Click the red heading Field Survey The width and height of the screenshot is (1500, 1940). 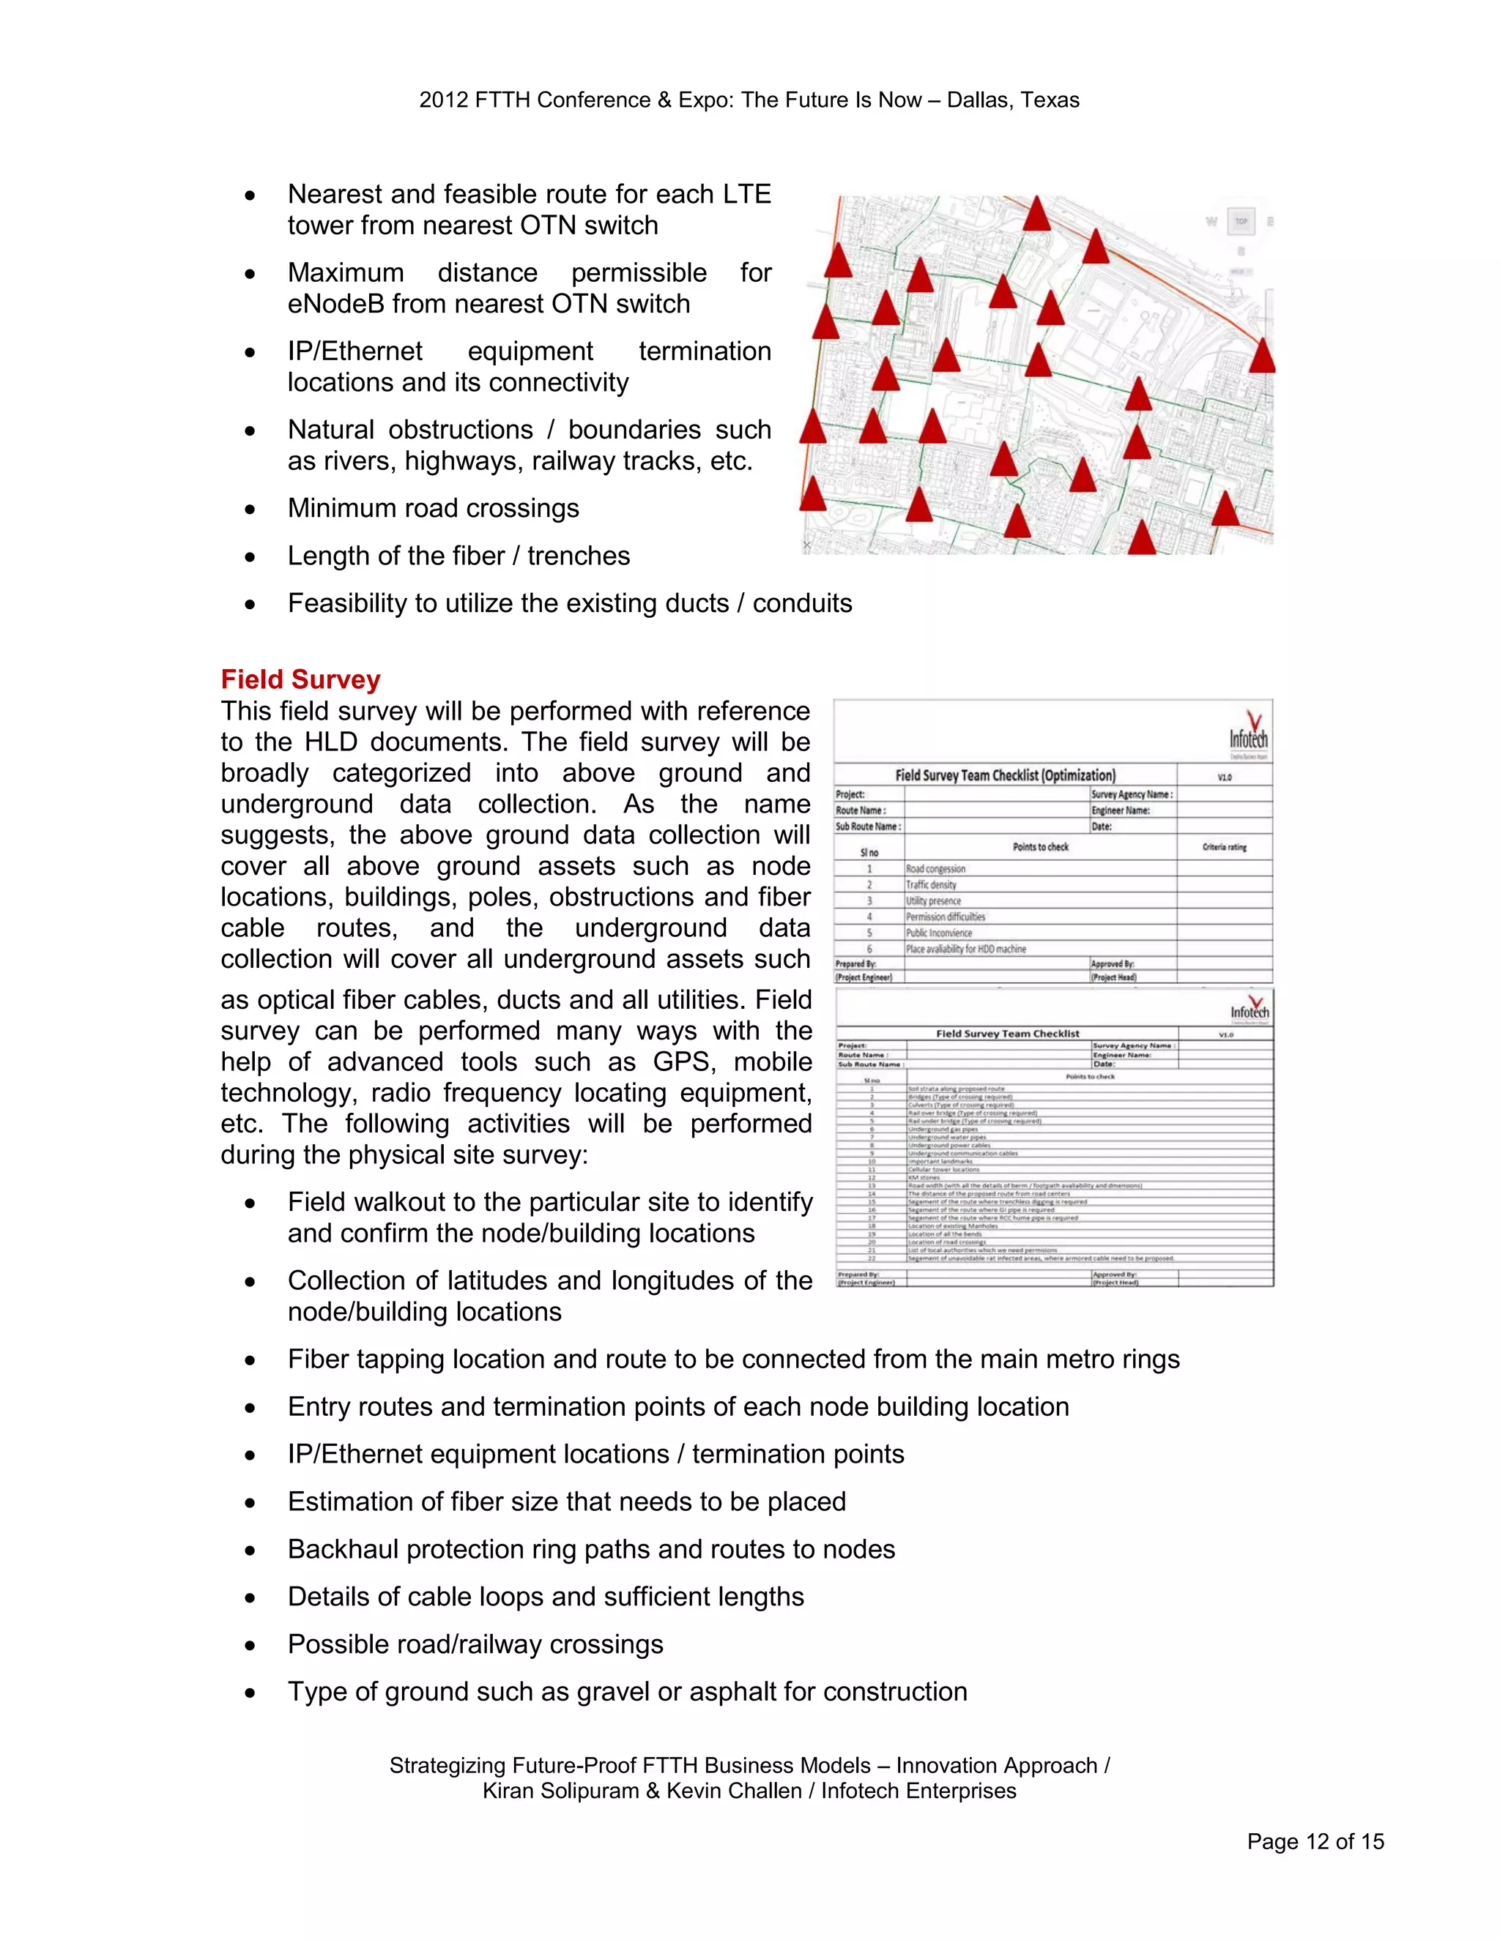300,679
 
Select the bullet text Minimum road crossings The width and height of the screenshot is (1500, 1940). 433,508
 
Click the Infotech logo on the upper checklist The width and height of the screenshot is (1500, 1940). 1249,734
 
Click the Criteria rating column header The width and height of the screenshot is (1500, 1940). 1224,848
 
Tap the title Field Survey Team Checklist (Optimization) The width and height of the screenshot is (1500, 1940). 1004,775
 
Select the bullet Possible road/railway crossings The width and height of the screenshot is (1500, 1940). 475,1644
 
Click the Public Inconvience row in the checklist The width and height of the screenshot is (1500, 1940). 938,933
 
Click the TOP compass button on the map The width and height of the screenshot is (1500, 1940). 1241,221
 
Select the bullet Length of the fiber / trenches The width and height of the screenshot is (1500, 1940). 458,556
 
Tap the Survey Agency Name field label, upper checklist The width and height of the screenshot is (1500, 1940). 1131,794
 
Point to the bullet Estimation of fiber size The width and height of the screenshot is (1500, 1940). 566,1501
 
